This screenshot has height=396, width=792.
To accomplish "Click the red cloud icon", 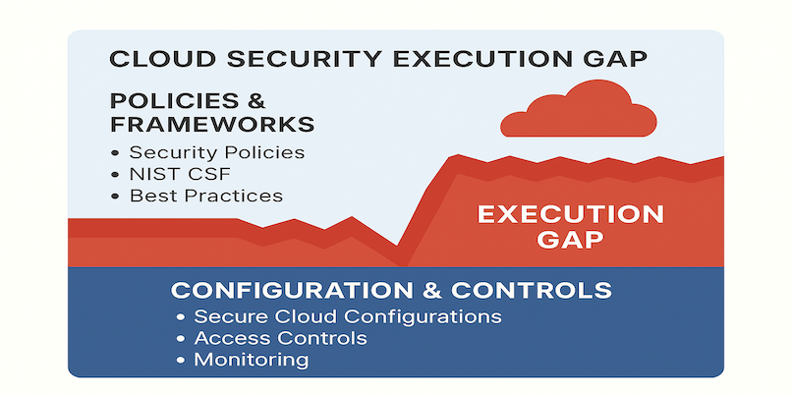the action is pos(579,112).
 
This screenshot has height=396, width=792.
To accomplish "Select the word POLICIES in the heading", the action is pos(172,101).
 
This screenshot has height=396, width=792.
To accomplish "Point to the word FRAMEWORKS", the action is pos(212,124).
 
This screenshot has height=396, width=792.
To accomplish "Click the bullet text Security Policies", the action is pos(217,152).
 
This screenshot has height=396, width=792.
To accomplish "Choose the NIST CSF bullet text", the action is pos(181,174).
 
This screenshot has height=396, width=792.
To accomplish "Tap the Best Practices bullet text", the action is pos(206,196).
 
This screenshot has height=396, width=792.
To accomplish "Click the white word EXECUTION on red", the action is pos(571,214).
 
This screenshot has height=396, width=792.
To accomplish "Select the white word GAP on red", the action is pos(571,240).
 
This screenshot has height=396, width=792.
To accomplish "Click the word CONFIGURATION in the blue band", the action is pos(292,291).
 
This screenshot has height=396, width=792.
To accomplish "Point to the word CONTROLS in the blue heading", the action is pos(532,291).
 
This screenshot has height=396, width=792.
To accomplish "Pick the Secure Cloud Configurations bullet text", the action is pos(348,316).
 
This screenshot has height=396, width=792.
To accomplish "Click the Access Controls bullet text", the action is pos(280,338).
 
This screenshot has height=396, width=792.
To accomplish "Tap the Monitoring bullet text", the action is pos(251,361).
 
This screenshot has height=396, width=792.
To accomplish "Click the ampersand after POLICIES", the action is pos(256,101).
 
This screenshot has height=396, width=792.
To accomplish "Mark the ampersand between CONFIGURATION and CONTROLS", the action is pos(431,291).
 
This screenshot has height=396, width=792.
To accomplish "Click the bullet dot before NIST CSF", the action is pos(117,175).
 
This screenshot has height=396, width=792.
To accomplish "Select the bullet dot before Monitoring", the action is pos(182,361).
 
